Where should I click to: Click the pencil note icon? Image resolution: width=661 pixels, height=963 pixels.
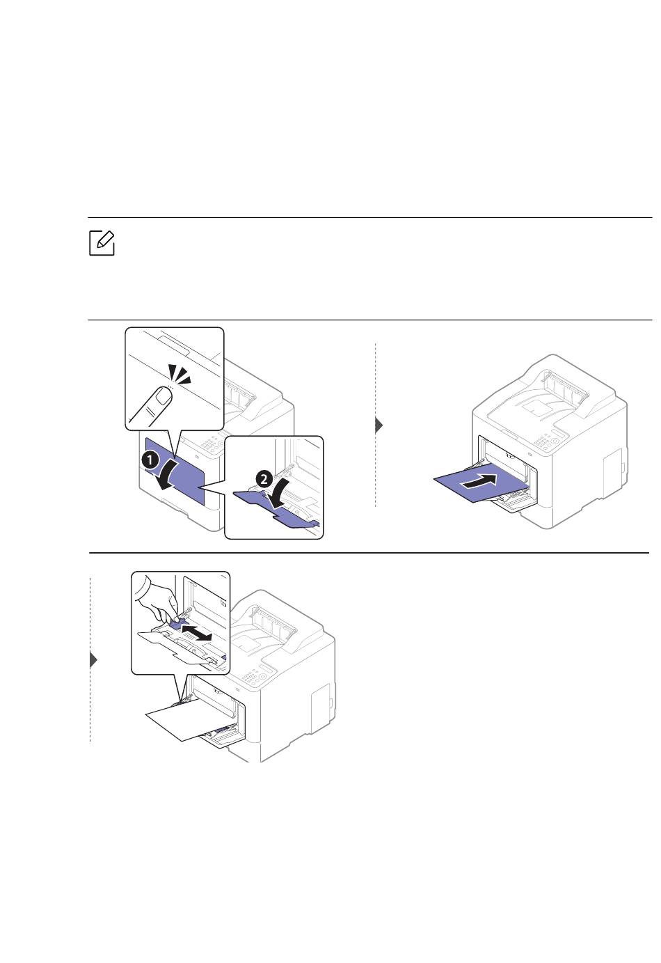tap(102, 243)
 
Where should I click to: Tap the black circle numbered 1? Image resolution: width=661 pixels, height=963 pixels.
tap(150, 460)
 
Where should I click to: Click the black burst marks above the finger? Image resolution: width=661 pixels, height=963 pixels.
tap(180, 374)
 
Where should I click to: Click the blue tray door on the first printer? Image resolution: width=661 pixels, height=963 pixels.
tap(175, 470)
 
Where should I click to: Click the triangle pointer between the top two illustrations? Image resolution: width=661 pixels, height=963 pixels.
tap(379, 425)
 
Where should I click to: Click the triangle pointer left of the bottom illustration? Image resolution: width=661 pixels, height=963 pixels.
tap(93, 660)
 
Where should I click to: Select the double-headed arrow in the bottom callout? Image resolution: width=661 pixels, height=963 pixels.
tap(197, 633)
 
